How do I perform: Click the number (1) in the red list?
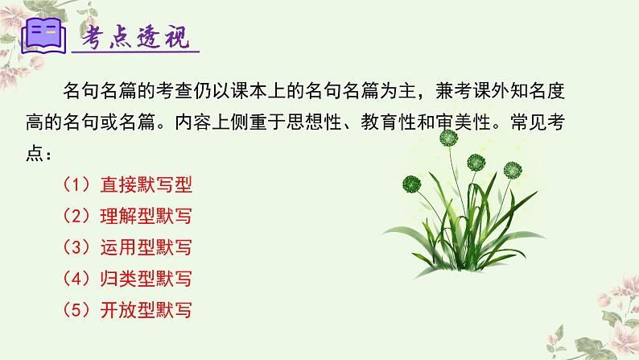[78, 183]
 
